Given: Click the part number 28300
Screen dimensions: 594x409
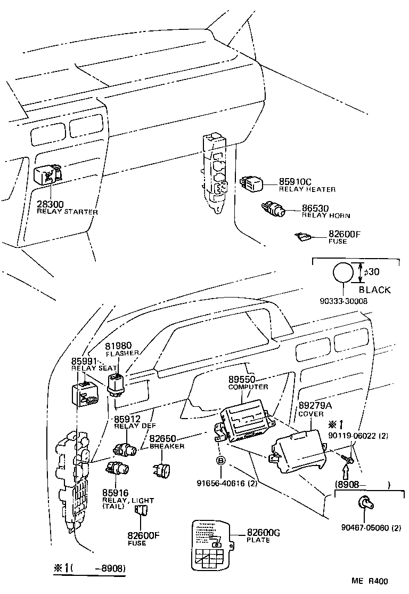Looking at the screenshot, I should point(50,204).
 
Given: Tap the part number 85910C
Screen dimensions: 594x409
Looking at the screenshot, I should point(296,182).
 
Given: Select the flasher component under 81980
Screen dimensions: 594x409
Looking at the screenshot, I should point(118,383).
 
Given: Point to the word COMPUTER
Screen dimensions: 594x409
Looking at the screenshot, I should point(248,387).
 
